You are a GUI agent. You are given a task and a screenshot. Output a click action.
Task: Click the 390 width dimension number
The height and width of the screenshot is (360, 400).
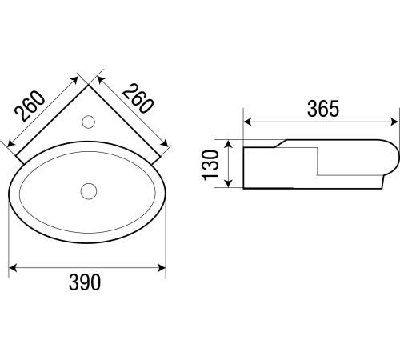point(85,282)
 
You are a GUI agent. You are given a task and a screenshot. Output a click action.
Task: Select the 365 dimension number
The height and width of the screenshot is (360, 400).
point(323,109)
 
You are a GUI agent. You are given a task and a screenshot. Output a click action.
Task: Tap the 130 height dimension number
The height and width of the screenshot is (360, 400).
point(210,166)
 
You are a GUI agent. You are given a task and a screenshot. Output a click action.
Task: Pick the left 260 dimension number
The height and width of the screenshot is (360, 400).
point(30,106)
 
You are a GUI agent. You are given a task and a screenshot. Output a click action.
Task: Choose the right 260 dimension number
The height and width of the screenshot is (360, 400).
point(138,98)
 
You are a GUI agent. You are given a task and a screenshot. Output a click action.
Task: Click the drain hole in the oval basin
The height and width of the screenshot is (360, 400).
point(89,191)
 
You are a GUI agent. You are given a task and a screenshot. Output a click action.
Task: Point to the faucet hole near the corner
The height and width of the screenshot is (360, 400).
point(89,122)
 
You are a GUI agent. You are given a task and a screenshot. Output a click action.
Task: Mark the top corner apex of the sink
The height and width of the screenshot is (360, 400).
point(88,85)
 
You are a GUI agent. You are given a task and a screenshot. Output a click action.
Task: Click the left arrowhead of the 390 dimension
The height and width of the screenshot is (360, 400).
point(13,268)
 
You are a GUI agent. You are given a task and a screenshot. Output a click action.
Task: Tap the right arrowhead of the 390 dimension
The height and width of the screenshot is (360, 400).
point(162,268)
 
